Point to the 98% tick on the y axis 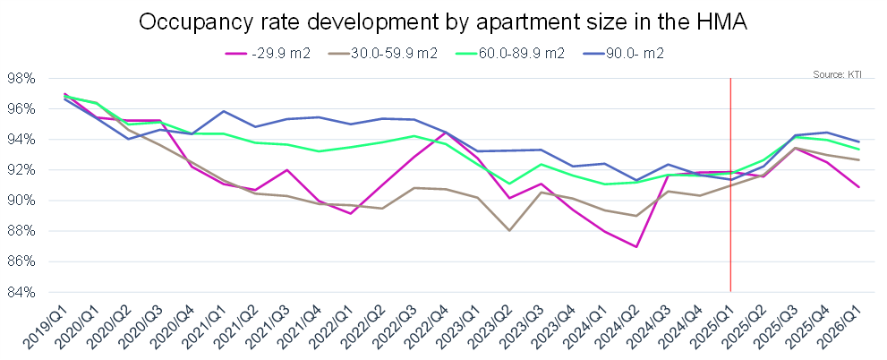pos(21,79)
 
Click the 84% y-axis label pos(21,292)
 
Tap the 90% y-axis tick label pos(21,201)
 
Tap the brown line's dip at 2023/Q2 pos(508,231)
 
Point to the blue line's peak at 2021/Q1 pos(223,111)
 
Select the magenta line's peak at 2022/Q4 pos(446,133)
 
